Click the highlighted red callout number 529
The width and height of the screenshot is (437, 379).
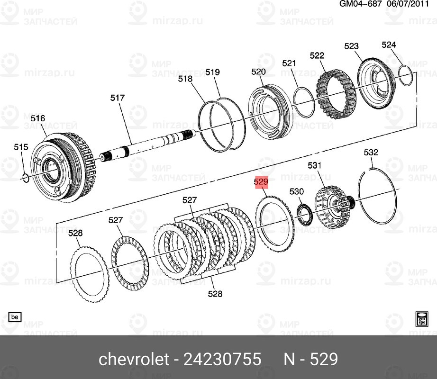tap(261, 182)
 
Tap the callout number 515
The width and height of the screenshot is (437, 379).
tap(21, 148)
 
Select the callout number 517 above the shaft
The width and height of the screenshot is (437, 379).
tap(117, 98)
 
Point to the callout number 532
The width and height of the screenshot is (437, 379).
tap(371, 153)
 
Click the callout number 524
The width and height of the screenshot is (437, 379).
tap(389, 45)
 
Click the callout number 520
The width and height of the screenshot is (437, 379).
tap(258, 72)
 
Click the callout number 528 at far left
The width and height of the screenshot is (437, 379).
tap(75, 233)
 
